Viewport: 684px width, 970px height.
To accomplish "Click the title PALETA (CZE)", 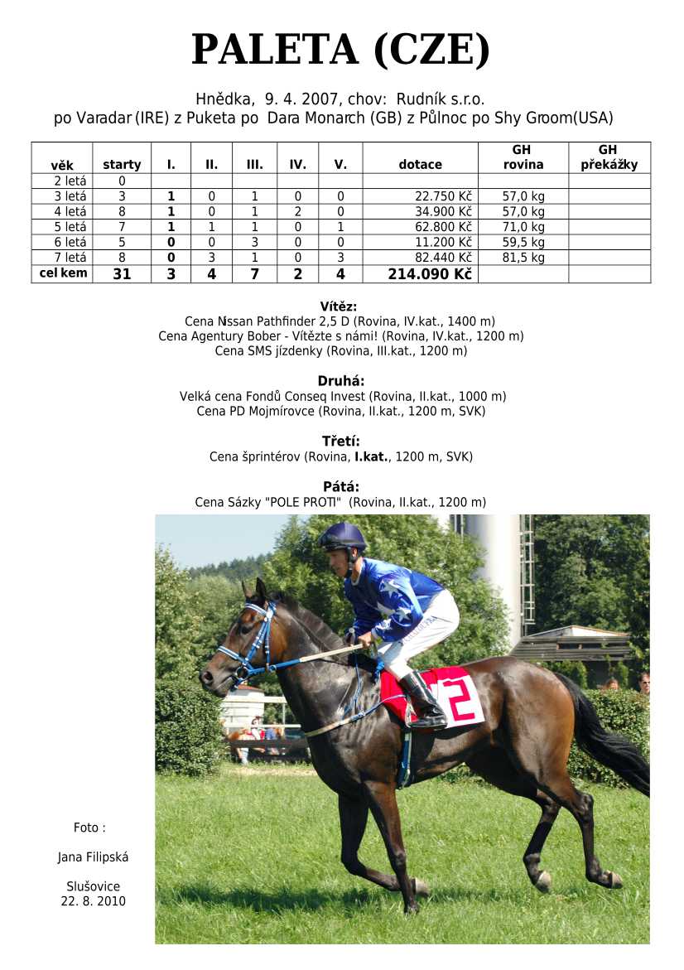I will point(341,50).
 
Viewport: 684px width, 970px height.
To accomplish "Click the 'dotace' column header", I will point(420,164).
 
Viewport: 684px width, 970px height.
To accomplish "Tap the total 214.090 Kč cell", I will point(430,274).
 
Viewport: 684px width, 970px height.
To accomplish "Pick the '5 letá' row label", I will point(70,227).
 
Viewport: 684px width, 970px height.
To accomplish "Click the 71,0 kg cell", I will point(523,227).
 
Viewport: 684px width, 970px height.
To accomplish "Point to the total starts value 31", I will point(122,274).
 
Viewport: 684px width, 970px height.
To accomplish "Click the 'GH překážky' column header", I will point(609,157).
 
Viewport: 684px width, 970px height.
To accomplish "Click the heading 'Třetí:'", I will point(341,441).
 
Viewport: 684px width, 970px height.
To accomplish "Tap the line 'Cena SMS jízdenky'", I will point(341,351).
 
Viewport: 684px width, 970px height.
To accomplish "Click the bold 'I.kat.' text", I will point(372,456).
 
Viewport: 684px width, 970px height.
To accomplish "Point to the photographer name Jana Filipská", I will point(93,857).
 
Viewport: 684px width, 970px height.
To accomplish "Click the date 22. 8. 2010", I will point(93,901).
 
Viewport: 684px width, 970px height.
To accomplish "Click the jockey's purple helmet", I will point(344,537).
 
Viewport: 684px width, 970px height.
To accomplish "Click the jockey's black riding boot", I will point(423,701).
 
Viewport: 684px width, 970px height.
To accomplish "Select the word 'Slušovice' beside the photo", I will point(93,886).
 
